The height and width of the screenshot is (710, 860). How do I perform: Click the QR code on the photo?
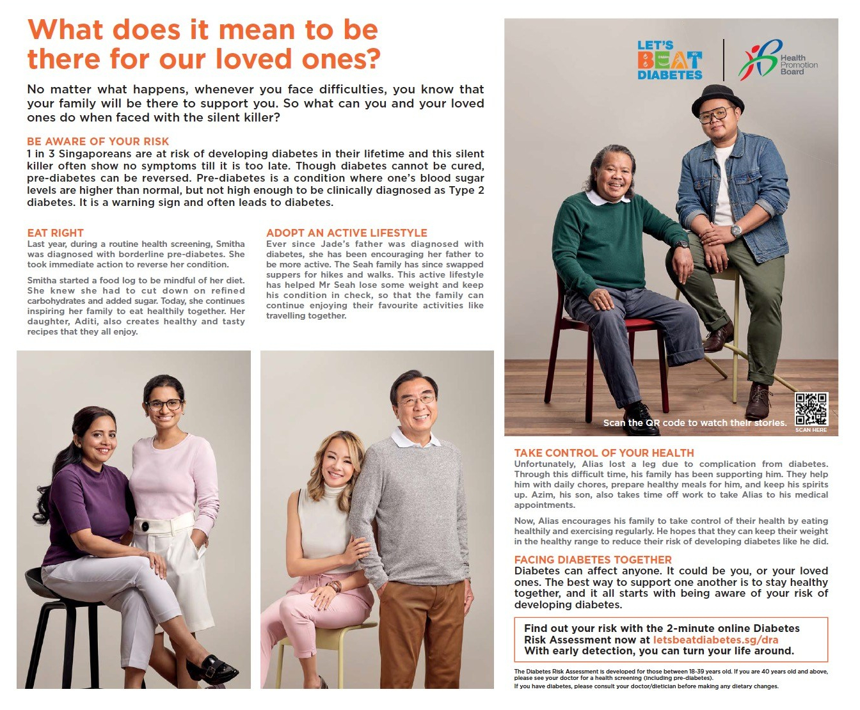coord(811,409)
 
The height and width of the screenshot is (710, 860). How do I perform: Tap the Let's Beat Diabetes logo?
coord(669,61)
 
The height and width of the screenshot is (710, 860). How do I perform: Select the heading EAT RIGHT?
coord(55,233)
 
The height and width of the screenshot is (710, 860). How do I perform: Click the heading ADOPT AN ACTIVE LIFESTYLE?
coord(346,233)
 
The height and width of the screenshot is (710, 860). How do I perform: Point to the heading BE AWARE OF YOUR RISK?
coord(98,141)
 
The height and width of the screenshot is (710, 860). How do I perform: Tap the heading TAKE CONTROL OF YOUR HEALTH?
coord(603,453)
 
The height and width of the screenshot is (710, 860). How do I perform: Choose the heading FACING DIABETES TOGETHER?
coord(593,560)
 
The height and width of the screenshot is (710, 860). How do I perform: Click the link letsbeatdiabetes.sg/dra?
coord(715,640)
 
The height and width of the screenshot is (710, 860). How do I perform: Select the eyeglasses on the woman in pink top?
coord(165,404)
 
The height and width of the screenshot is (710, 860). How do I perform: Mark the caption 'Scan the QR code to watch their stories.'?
coord(694,423)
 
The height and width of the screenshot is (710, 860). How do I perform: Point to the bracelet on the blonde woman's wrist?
coord(333,586)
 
